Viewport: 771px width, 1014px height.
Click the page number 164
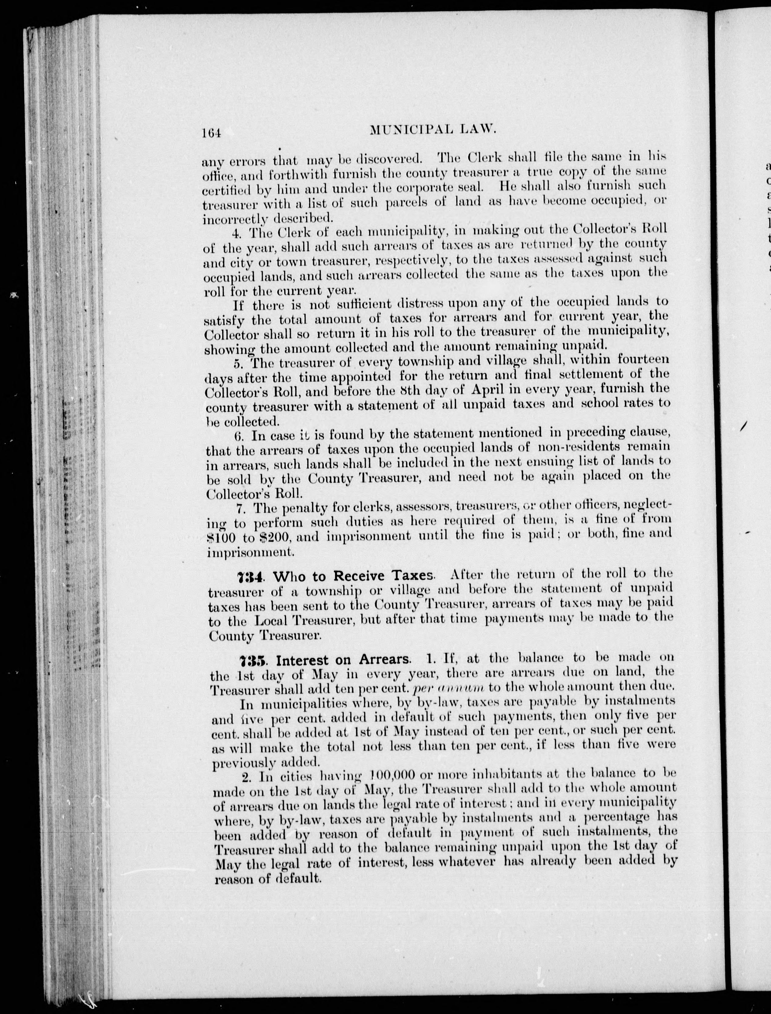211,133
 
